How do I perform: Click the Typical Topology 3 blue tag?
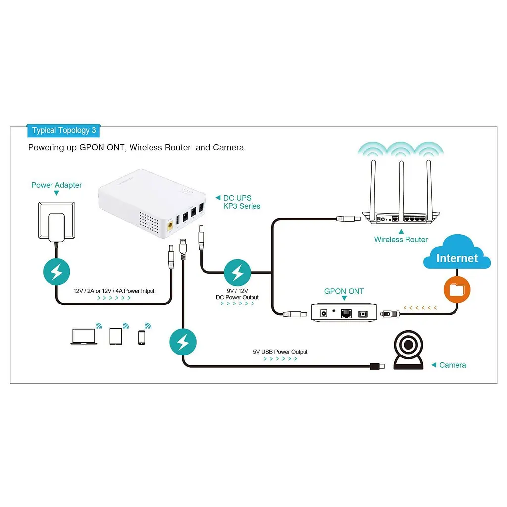(x=63, y=130)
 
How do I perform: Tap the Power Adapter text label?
(x=56, y=185)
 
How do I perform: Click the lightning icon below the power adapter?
(x=56, y=272)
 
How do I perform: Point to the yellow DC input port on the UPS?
(x=170, y=225)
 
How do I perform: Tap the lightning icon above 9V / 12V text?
(x=237, y=273)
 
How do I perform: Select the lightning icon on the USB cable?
(x=183, y=342)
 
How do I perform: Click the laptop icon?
(x=84, y=337)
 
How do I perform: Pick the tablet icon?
(x=116, y=337)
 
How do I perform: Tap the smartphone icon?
(x=142, y=338)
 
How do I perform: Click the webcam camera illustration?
(x=408, y=350)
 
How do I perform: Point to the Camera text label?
(x=453, y=365)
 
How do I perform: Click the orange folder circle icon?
(x=457, y=289)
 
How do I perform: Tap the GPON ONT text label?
(x=344, y=291)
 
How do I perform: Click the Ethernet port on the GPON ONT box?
(x=346, y=313)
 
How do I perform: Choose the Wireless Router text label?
(x=401, y=239)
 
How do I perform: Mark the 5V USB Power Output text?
(x=280, y=352)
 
